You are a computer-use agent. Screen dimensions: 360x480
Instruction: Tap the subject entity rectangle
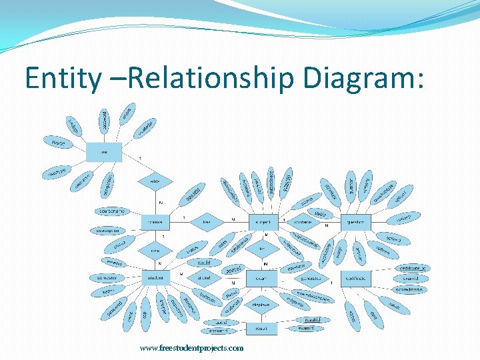click(263, 221)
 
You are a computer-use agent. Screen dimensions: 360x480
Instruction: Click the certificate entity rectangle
click(356, 277)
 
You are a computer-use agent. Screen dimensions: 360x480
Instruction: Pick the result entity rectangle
click(261, 329)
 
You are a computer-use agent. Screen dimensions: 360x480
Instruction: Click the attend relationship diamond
click(204, 277)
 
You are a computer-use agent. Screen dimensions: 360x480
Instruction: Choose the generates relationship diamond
click(310, 277)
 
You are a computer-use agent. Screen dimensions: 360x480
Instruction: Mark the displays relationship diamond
click(262, 305)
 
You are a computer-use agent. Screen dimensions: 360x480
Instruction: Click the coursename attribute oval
click(112, 211)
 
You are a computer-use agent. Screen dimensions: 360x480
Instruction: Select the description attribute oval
click(107, 231)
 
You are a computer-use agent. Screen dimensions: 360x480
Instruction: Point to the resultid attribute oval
click(313, 320)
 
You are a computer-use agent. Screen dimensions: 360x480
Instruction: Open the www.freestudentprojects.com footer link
click(191, 348)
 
